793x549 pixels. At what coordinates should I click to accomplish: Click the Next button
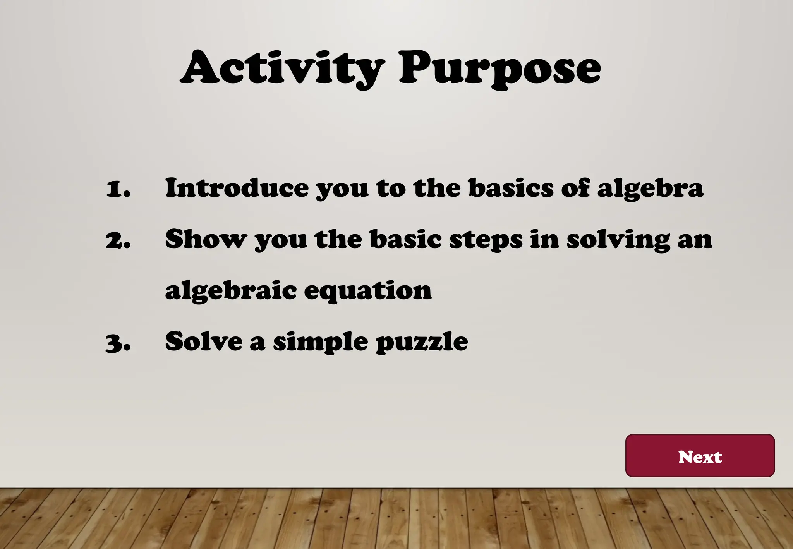click(x=700, y=456)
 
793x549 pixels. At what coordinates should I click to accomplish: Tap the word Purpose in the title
click(x=499, y=69)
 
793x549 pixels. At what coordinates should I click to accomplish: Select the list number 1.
click(x=118, y=189)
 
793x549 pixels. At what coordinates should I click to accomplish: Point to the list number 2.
click(x=118, y=240)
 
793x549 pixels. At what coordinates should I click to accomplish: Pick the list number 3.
click(x=118, y=342)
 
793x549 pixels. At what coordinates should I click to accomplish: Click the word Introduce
click(x=237, y=188)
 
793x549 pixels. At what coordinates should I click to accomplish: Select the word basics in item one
click(x=511, y=188)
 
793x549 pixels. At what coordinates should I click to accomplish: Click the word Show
click(x=206, y=239)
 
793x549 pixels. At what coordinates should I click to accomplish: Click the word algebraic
click(x=231, y=291)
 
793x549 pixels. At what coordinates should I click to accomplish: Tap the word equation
click(x=367, y=291)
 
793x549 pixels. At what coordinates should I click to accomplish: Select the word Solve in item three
click(x=204, y=341)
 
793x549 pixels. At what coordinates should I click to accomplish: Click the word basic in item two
click(x=405, y=239)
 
